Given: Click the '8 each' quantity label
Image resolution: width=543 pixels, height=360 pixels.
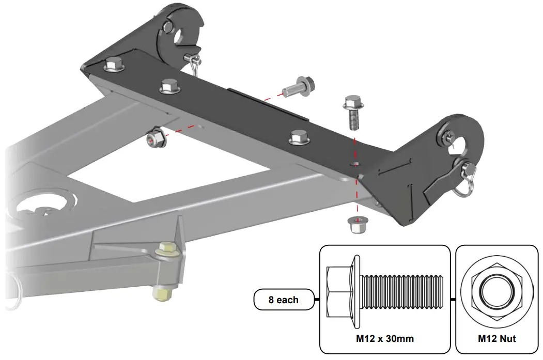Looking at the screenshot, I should tap(284, 300).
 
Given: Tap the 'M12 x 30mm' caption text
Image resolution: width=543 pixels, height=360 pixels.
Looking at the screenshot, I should tap(385, 339).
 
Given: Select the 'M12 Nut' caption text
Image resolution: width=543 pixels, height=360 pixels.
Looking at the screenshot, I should tap(496, 339).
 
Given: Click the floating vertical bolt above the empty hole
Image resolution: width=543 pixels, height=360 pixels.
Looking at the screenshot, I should tap(353, 111).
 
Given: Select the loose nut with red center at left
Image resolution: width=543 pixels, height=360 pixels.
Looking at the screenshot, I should tap(154, 138).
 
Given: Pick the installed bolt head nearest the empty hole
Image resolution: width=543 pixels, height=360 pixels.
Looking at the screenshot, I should tap(299, 137).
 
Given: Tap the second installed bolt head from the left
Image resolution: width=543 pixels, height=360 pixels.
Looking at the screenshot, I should tap(169, 86).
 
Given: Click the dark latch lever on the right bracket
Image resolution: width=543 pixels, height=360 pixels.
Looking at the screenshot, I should tap(439, 181).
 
